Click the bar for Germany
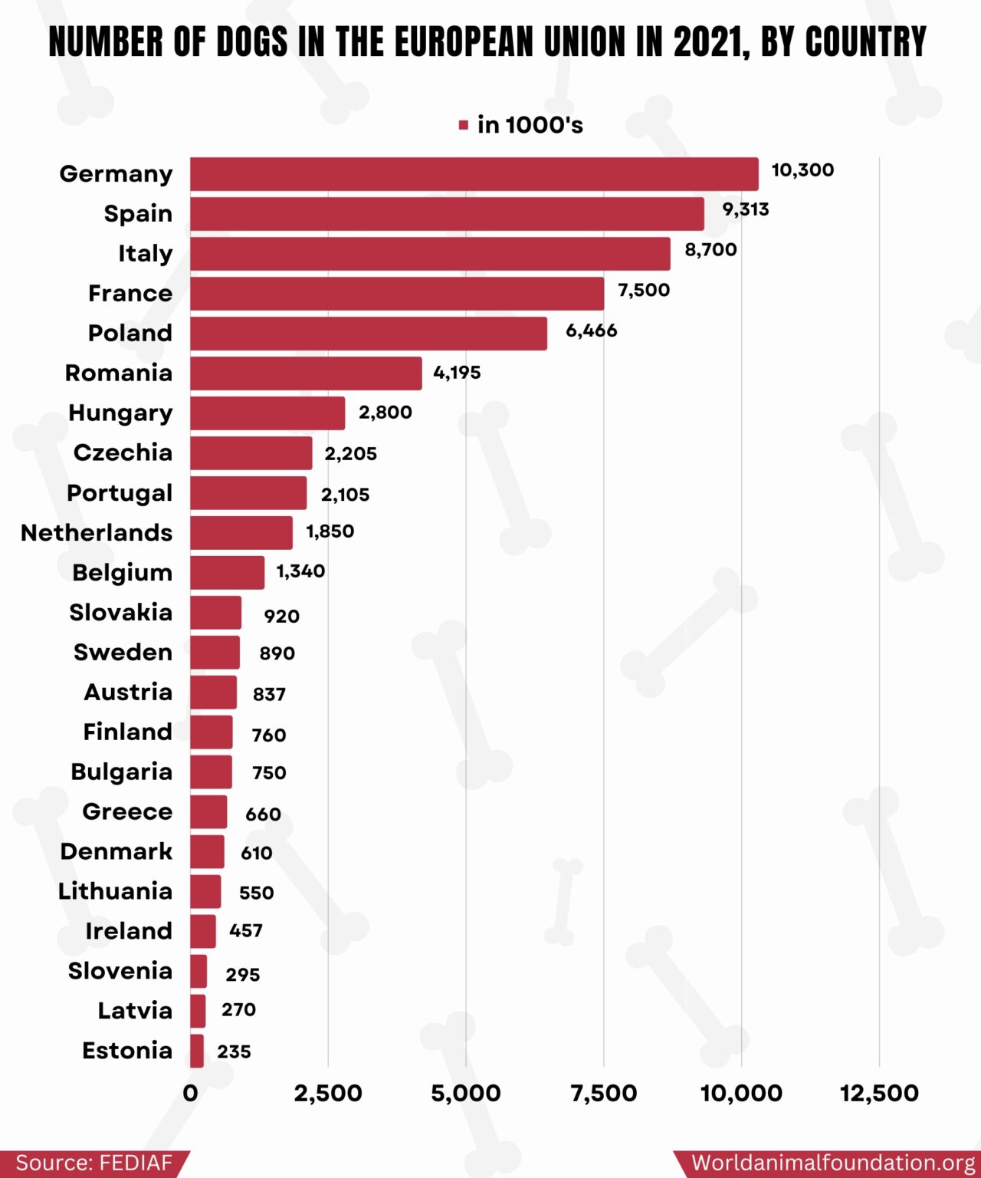474,174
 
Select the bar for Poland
369,334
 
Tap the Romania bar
306,373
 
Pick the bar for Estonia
197,1051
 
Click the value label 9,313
745,209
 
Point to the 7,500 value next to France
644,290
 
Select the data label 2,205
350,453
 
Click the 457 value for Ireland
246,930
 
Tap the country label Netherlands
97,532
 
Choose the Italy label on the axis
145,254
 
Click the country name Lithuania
115,891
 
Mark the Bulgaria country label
121,772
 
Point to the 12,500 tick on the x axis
879,1093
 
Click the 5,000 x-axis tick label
466,1093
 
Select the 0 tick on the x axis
191,1093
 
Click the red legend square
464,125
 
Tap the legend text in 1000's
530,125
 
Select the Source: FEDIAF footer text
94,1163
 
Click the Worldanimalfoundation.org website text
832,1163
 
